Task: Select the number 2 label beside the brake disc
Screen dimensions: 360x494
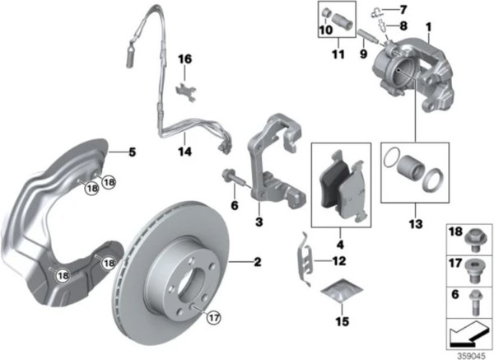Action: click(x=258, y=263)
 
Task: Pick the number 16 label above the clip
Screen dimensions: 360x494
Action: click(x=185, y=59)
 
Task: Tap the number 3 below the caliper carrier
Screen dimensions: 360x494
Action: click(x=259, y=222)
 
